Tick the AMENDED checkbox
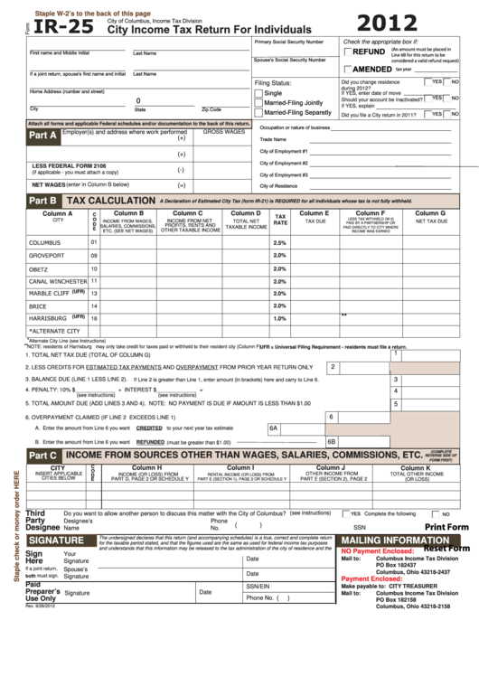point(348,69)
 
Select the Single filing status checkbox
point(258,93)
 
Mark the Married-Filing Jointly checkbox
point(258,103)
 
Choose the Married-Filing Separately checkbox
point(258,113)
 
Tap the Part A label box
point(43,136)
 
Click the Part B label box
point(43,200)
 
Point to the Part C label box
point(43,455)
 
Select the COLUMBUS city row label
point(44,243)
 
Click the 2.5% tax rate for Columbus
point(279,243)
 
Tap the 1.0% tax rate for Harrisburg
point(279,318)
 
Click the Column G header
point(430,213)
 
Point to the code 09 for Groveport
point(94,256)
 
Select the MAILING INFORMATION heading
point(393,540)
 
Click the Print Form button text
point(446,527)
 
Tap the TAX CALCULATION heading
point(111,200)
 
